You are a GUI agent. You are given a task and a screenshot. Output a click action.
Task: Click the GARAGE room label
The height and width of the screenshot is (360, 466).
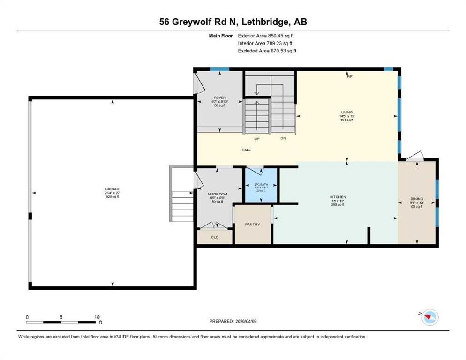[112, 189]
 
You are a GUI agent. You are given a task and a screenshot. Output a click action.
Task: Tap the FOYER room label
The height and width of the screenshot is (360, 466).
[219, 98]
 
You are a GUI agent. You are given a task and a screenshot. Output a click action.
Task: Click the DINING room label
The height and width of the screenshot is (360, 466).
[417, 199]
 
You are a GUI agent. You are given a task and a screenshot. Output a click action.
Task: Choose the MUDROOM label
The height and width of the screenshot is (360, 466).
[218, 194]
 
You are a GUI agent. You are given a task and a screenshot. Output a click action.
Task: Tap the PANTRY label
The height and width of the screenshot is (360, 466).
[252, 225]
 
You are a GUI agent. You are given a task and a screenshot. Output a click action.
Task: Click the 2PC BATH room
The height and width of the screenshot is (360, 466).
[262, 185]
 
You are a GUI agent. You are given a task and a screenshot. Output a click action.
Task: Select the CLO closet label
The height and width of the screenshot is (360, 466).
[215, 237]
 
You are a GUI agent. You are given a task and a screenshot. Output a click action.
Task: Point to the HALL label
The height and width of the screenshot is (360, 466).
[246, 150]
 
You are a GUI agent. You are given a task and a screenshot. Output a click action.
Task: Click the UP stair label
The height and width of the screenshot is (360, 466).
[257, 139]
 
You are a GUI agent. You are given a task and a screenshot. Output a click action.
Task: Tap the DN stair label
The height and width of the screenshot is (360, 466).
[283, 139]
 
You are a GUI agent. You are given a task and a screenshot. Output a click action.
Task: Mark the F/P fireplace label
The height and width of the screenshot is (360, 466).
[349, 76]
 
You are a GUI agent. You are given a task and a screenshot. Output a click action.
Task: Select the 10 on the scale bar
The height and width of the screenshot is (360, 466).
[97, 317]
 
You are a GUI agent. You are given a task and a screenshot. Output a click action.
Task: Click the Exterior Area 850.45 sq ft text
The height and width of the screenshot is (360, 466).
[266, 35]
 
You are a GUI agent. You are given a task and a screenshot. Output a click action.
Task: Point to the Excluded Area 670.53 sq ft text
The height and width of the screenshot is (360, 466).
[267, 51]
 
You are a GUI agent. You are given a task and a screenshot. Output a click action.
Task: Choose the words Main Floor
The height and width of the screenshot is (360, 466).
[221, 35]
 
